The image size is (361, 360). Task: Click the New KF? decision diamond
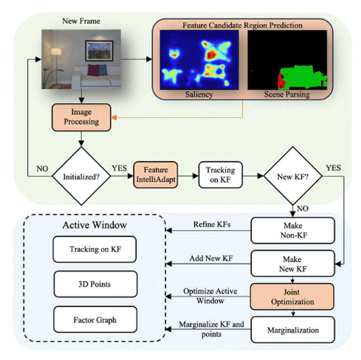tap(292, 175)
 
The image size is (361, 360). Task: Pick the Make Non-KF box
tap(293, 230)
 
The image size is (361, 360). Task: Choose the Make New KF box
tap(293, 263)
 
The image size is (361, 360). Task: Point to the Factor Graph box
tap(95, 320)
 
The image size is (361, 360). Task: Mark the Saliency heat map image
tap(199, 60)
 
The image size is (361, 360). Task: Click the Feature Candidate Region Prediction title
tap(242, 24)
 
